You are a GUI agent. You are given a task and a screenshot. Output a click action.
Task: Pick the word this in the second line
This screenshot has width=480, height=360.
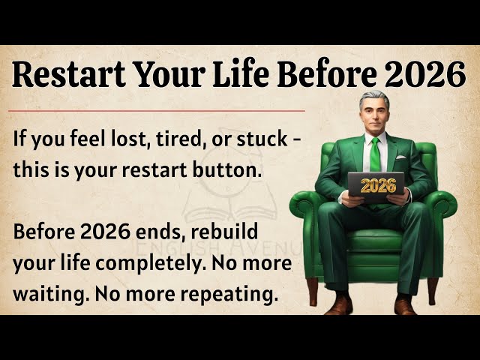coord(29,169)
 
